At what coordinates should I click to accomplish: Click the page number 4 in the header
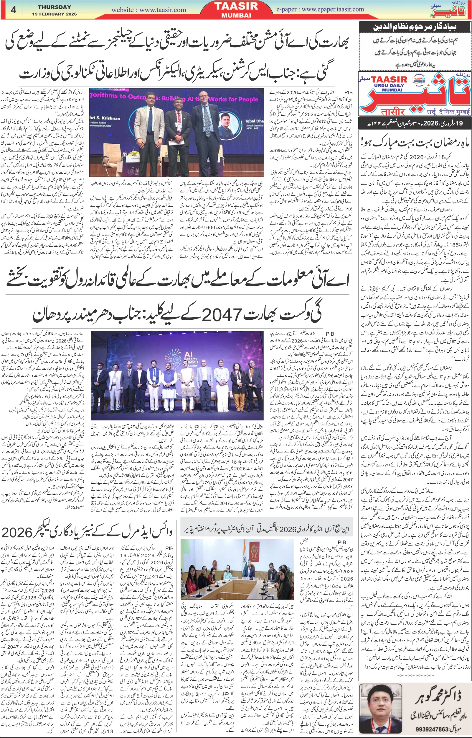[14, 10]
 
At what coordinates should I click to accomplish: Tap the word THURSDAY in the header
[54, 7]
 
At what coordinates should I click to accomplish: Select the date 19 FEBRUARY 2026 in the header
[54, 14]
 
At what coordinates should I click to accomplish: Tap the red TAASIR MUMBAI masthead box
[236, 10]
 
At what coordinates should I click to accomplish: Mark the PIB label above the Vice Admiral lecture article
[169, 548]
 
